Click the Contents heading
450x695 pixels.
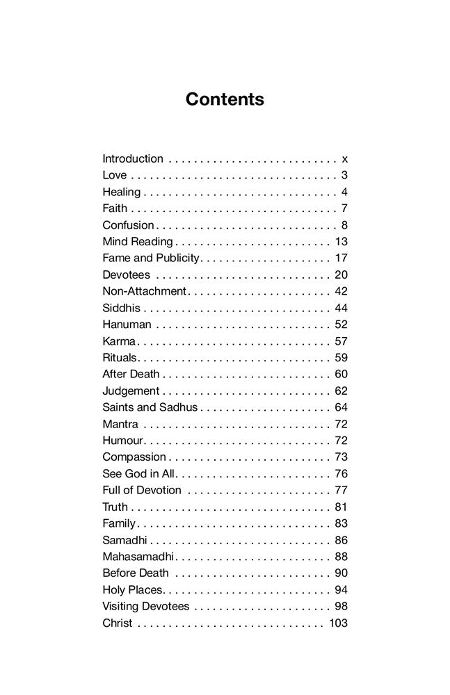[225, 99]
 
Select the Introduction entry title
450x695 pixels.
[133, 158]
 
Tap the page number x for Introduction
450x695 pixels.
[344, 158]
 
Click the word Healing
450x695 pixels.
[121, 192]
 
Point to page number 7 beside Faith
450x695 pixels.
[344, 208]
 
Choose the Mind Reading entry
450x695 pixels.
[137, 241]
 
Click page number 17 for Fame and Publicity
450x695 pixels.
[341, 258]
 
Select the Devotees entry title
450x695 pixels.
[126, 275]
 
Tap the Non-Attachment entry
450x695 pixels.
[144, 291]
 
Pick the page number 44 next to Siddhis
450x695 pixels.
[341, 307]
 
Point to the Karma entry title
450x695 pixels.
[119, 341]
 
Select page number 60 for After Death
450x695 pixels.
[341, 374]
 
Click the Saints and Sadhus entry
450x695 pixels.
[150, 407]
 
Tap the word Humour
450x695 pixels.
[122, 440]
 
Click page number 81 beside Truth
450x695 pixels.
[341, 507]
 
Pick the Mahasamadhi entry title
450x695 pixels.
[138, 556]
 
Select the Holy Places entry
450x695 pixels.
[132, 589]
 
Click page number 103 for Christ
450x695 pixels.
[338, 623]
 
